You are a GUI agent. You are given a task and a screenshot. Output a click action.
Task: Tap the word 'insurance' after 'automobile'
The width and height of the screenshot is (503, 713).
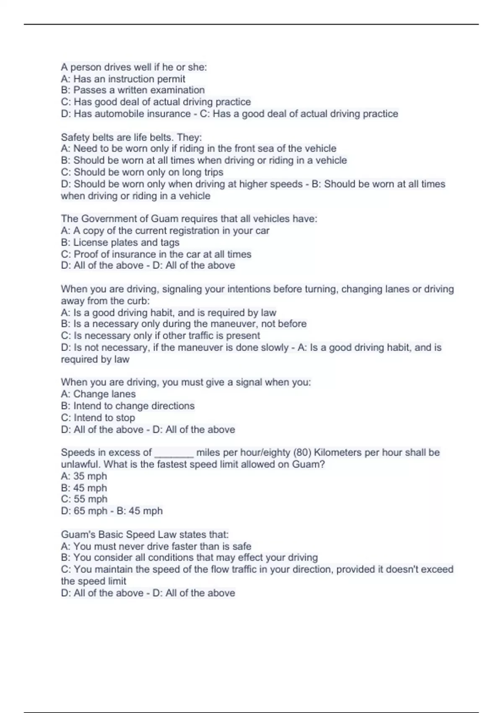tap(167, 114)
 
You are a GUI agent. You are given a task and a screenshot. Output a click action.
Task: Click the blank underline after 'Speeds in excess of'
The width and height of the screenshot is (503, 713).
tap(174, 453)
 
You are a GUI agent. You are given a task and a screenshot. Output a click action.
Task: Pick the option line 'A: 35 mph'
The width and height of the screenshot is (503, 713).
tap(84, 476)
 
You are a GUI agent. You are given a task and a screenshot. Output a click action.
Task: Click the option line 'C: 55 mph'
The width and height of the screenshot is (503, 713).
tap(84, 499)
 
